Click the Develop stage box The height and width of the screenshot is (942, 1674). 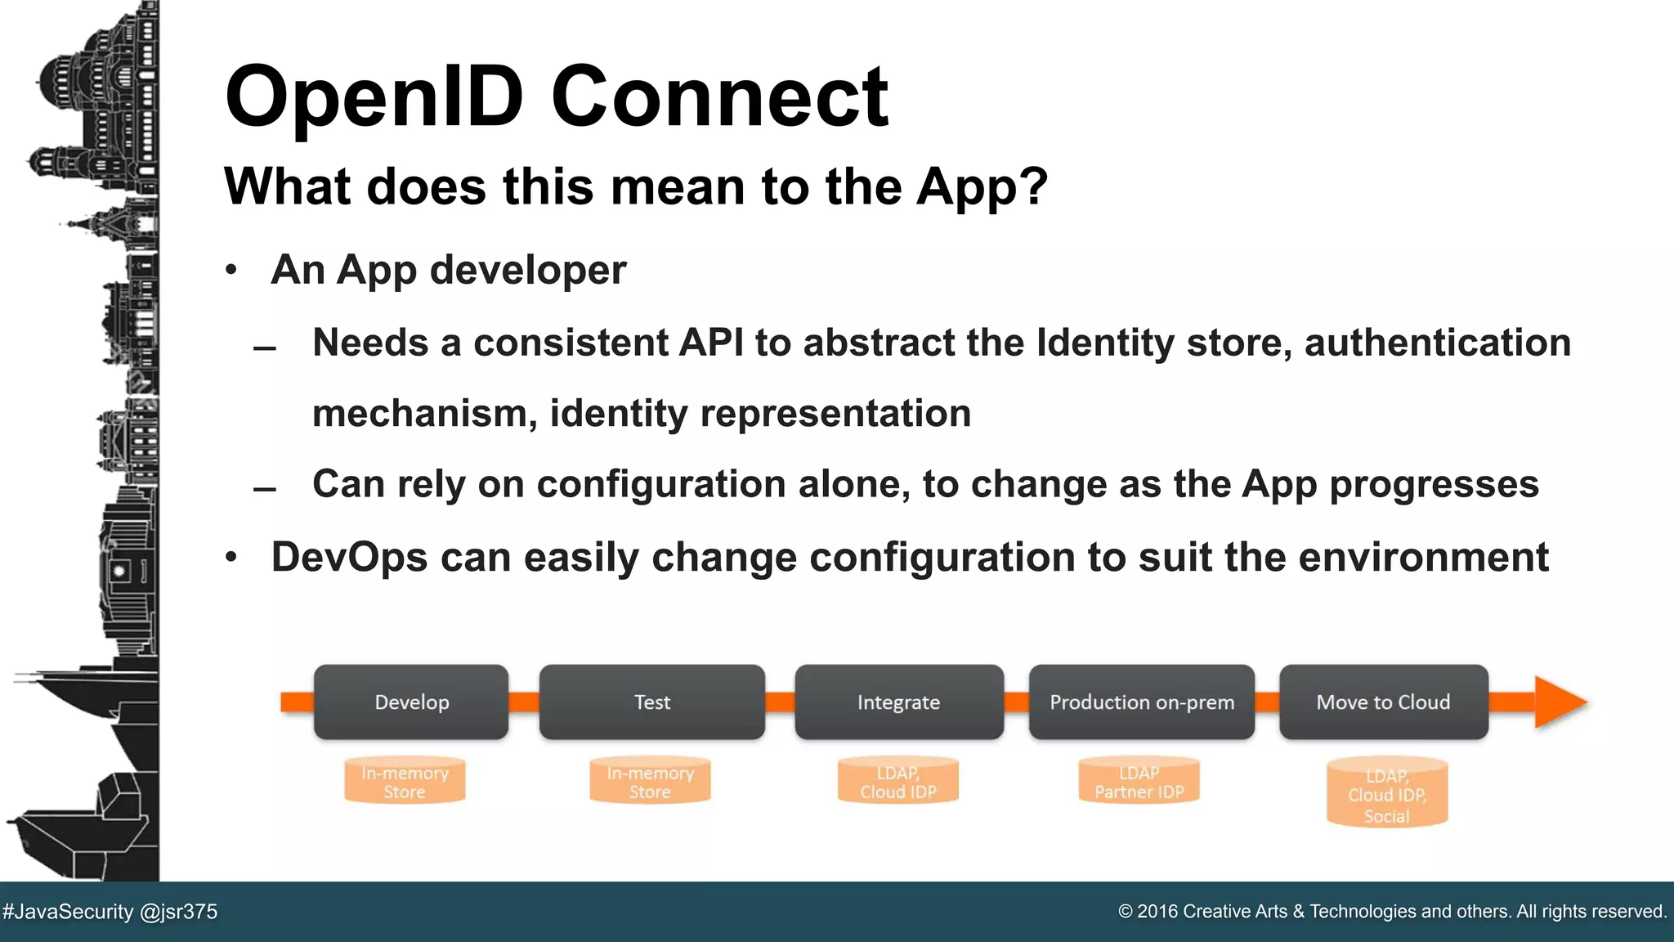[411, 702]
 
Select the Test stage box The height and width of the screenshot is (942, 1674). [651, 702]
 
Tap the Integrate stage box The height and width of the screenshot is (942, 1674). [898, 702]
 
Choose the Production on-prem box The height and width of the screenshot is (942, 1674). [1141, 702]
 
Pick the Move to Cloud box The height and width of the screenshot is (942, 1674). [1383, 702]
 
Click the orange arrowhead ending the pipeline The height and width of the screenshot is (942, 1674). [1560, 702]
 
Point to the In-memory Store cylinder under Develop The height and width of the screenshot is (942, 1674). [405, 782]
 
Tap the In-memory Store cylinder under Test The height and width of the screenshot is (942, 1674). [650, 782]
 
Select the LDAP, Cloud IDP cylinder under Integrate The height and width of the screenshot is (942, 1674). [897, 782]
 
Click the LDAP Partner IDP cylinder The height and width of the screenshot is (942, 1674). [1139, 782]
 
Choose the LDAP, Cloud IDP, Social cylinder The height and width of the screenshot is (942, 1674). [1386, 794]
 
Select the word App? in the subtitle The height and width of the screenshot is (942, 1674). [982, 187]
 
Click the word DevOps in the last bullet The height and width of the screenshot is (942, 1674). [349, 558]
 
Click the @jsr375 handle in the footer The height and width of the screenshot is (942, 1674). [179, 912]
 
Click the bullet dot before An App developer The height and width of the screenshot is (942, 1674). [231, 270]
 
